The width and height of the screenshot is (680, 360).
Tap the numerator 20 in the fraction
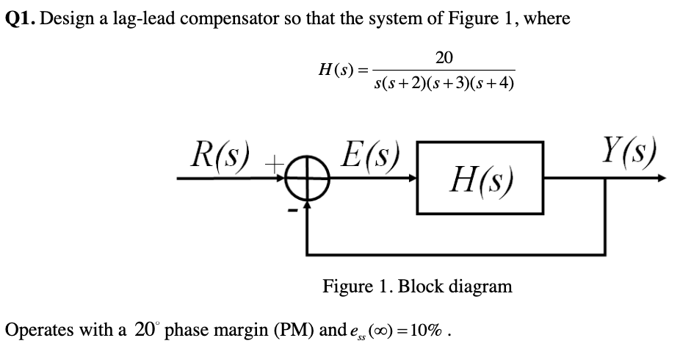click(444, 57)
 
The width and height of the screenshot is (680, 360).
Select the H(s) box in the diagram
click(480, 178)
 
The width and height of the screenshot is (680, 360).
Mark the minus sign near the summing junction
click(292, 212)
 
